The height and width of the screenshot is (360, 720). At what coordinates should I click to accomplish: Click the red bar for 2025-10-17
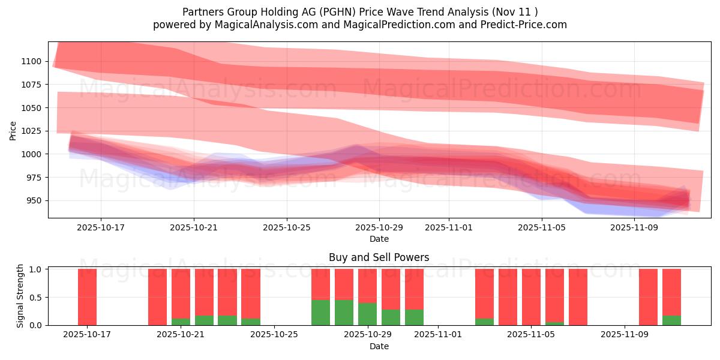(87, 297)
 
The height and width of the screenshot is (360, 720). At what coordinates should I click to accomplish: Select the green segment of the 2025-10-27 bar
(320, 313)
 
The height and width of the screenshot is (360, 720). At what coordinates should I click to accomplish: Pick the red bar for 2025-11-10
(648, 297)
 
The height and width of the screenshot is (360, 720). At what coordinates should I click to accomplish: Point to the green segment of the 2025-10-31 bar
(414, 317)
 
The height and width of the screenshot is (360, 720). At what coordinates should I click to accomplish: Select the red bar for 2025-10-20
(157, 297)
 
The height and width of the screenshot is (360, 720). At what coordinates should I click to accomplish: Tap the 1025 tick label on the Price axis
(31, 131)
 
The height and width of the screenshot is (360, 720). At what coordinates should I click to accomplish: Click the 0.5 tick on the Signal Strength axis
(36, 297)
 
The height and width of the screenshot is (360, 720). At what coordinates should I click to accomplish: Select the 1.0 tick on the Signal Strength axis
(36, 269)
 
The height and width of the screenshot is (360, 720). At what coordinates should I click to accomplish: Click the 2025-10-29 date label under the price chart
(379, 228)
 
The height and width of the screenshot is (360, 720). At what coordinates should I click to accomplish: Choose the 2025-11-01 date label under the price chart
(448, 228)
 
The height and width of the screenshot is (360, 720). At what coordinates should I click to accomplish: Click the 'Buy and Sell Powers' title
(379, 257)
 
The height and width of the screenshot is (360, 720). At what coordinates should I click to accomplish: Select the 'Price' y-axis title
(13, 130)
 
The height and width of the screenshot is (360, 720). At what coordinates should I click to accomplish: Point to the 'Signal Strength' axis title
(20, 295)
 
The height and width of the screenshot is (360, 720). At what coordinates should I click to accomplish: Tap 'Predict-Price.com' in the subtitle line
(525, 25)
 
